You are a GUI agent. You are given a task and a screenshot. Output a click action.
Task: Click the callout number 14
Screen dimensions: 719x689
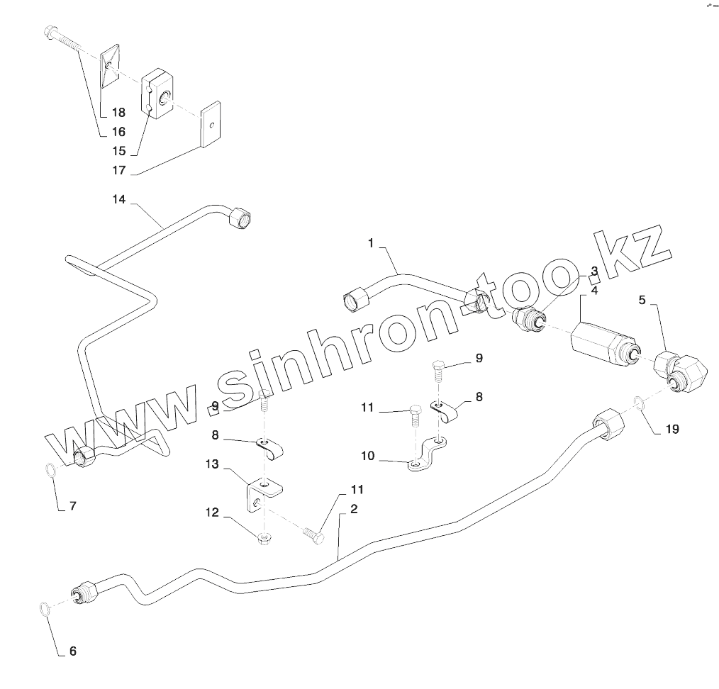(x=118, y=200)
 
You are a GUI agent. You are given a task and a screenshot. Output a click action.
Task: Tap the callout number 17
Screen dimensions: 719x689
(x=118, y=170)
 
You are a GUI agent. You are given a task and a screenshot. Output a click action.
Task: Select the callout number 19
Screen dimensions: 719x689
(x=671, y=430)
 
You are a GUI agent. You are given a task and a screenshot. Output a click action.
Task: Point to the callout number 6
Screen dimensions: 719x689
(x=72, y=651)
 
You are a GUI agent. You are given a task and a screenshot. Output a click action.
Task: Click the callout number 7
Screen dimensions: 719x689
(x=72, y=506)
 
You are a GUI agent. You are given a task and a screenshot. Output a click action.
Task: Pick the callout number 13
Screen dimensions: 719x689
(x=213, y=464)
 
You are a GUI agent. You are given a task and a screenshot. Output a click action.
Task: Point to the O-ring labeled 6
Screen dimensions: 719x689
(x=45, y=608)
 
